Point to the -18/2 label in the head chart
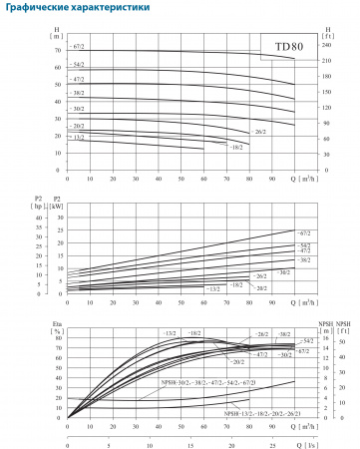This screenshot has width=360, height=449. [236, 148]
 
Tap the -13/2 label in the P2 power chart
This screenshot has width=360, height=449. [212, 288]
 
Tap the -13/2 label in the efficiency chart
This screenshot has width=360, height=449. [170, 332]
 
